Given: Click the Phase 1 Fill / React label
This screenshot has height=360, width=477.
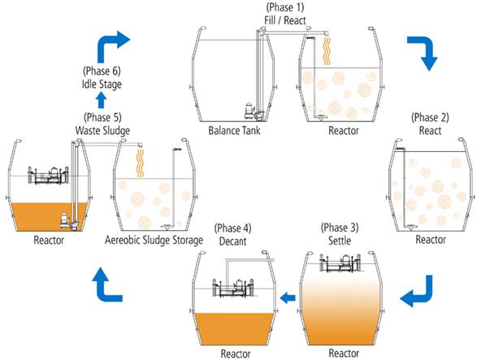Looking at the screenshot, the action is [x=284, y=14].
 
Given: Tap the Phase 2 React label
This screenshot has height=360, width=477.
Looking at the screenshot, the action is [x=430, y=124].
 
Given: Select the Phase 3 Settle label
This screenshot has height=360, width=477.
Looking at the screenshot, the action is [x=340, y=234].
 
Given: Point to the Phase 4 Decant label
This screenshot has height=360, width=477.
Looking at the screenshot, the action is [x=232, y=235].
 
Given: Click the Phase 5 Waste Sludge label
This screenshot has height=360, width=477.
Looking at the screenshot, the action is [x=102, y=124].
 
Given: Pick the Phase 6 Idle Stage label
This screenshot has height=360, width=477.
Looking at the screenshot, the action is [x=102, y=77].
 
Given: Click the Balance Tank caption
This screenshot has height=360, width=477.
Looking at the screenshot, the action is [x=234, y=131].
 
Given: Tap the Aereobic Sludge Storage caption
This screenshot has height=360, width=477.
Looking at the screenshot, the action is [x=154, y=240].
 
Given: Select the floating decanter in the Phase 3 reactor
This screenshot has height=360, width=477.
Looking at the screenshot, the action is [x=340, y=263].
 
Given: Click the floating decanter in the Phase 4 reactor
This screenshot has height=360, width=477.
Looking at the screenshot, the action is [x=232, y=288].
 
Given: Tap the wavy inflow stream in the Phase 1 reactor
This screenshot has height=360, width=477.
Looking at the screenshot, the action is [x=327, y=51].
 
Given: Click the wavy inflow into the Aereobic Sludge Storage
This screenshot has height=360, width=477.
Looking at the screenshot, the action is [x=140, y=163].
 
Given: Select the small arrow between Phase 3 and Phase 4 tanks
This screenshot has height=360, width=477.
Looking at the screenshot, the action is [x=288, y=297].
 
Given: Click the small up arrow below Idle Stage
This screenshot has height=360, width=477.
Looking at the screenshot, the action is [x=102, y=100].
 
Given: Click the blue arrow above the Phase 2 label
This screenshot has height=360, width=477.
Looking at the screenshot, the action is [x=423, y=52].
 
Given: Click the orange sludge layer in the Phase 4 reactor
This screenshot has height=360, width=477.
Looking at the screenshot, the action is [x=234, y=328].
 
